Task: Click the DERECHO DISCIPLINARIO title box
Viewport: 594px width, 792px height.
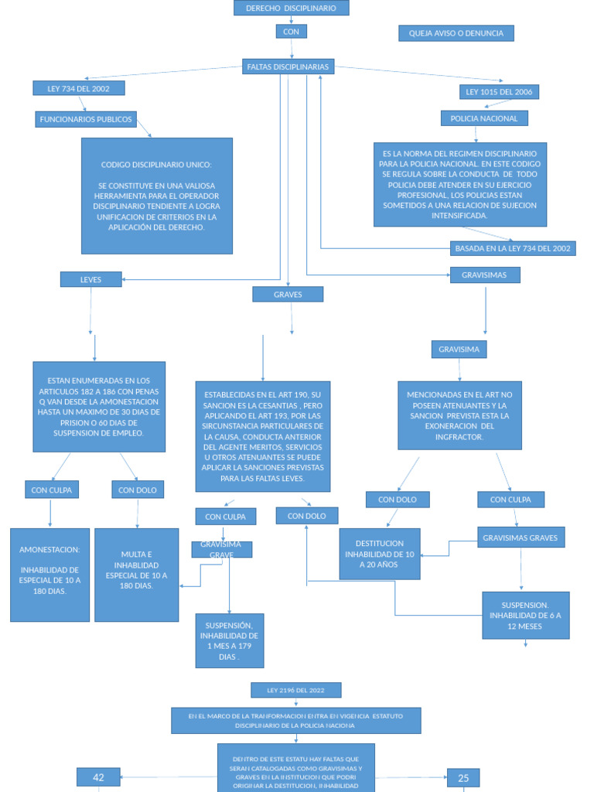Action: pos(291,8)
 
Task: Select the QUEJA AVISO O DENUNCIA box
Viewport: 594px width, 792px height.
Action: pos(456,33)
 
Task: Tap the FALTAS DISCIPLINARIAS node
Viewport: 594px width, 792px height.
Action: pos(288,67)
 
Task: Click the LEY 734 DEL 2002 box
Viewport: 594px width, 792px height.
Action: pos(78,88)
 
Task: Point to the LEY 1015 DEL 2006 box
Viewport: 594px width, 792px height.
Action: pos(499,92)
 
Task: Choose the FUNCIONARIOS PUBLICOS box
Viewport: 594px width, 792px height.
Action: pos(86,119)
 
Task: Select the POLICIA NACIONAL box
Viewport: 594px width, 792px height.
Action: pos(484,118)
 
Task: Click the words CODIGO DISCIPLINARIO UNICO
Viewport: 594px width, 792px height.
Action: pos(156,165)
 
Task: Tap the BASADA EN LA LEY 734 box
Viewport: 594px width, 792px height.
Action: pos(513,248)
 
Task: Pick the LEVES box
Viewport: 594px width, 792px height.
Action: pos(90,279)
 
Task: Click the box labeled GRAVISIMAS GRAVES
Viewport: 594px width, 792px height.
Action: pos(521,538)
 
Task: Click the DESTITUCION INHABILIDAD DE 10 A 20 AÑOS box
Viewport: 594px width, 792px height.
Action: pos(379,554)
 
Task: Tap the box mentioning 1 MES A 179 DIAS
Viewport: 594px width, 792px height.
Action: pos(229,640)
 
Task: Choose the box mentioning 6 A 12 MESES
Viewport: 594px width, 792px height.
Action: pos(525,616)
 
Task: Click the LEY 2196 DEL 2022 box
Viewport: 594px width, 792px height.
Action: pos(295,690)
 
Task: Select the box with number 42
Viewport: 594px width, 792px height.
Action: pos(98,777)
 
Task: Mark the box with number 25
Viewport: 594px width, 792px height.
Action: pos(463,778)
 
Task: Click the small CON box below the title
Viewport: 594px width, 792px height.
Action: pos(291,32)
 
